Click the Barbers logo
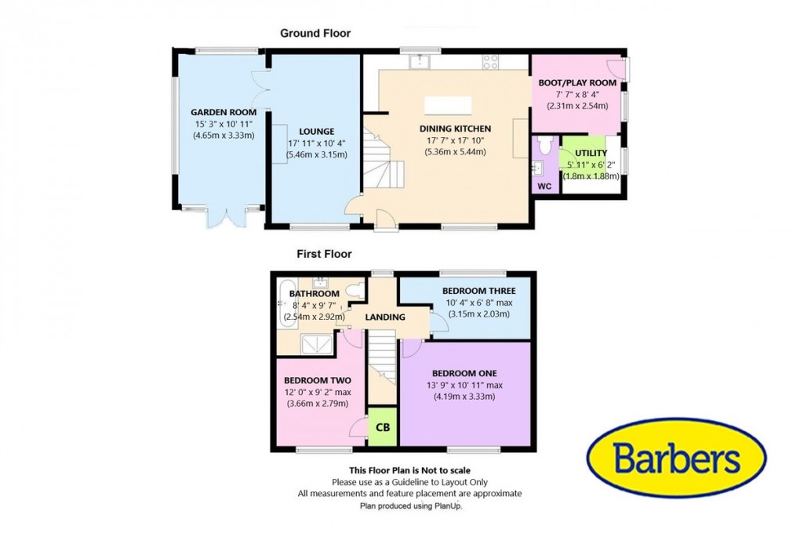(676, 457)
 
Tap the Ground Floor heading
(315, 33)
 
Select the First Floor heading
(323, 254)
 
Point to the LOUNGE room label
(316, 131)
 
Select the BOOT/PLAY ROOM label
(577, 82)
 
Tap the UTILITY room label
(591, 152)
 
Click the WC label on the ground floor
(545, 186)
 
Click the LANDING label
(385, 317)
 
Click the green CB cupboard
(383, 427)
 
